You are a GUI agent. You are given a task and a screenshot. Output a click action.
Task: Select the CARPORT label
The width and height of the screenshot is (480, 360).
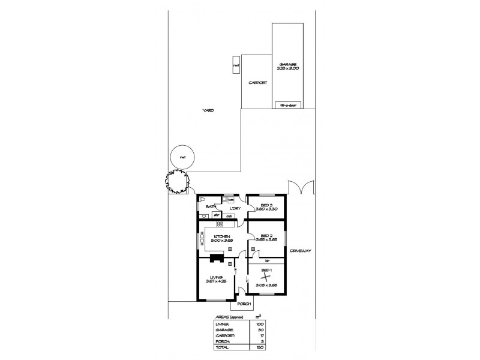257,85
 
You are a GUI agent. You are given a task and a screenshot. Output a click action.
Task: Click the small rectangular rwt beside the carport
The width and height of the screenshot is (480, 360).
237,65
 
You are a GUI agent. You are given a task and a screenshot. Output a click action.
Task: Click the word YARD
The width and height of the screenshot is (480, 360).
208,110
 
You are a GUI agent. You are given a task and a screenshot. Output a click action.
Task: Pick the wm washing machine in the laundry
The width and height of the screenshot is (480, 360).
229,200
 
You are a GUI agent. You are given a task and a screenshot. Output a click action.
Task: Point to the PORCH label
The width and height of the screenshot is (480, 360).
244,304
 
